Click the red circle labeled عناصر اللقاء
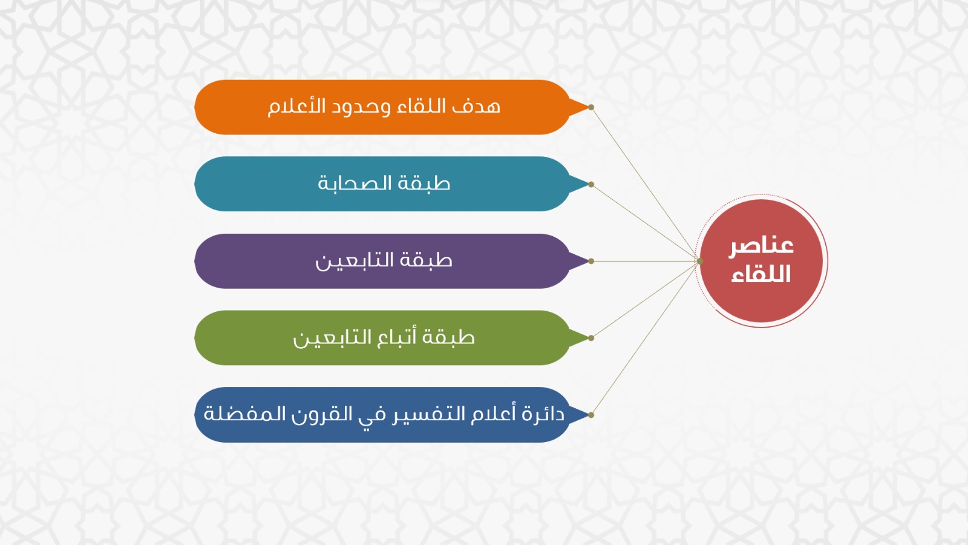click(761, 261)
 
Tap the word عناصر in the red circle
click(762, 246)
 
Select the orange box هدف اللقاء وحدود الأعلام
click(382, 107)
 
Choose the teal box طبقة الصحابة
click(382, 184)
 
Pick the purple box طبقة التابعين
click(382, 261)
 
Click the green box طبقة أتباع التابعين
click(382, 338)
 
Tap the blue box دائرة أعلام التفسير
click(382, 415)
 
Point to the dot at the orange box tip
click(591, 107)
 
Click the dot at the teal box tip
click(591, 184)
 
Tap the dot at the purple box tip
click(591, 261)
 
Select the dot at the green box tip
click(591, 338)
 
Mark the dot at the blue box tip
click(591, 415)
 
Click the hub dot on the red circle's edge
click(699, 261)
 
